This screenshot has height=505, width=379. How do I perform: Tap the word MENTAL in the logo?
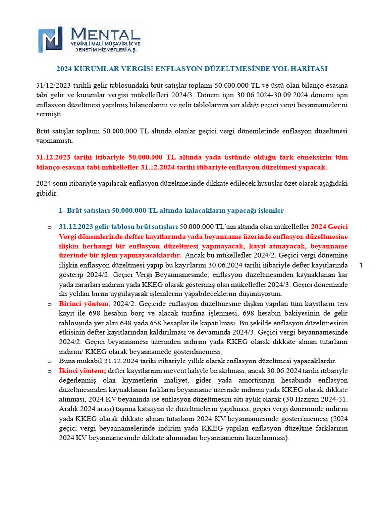coord(106,34)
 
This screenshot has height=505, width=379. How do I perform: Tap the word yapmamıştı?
coord(54,141)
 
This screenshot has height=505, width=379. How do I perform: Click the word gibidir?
coord(47,194)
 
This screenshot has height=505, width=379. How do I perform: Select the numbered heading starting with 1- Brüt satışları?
coord(171,210)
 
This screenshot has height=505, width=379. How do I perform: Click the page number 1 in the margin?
coord(361,266)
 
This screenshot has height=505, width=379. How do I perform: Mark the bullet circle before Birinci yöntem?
coord(49,305)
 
